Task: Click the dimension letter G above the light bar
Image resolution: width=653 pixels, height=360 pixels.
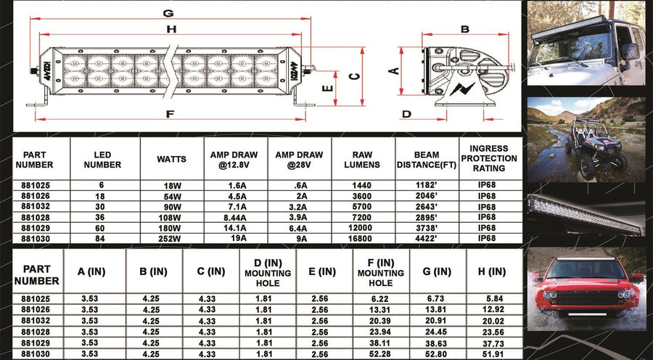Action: click(168, 13)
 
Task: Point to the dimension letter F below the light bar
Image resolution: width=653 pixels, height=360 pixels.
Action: click(170, 114)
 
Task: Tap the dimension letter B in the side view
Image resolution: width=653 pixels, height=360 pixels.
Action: click(465, 29)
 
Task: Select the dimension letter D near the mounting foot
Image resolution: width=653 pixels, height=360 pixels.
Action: click(406, 114)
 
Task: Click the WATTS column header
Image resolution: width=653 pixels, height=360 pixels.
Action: click(171, 159)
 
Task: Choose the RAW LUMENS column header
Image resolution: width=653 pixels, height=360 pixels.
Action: click(362, 160)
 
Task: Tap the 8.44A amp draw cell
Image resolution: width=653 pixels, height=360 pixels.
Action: click(235, 217)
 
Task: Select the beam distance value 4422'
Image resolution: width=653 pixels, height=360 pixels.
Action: click(427, 240)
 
